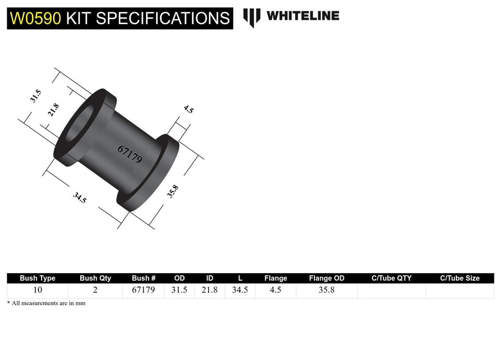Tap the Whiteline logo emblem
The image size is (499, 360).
(251, 17)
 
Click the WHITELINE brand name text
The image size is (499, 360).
(303, 16)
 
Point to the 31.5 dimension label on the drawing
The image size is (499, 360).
(35, 96)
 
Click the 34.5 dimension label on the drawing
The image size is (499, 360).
(80, 197)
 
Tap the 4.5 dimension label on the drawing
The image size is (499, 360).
(188, 109)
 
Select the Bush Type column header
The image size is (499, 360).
(38, 278)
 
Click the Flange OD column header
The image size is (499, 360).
(326, 278)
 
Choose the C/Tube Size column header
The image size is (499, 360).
(459, 278)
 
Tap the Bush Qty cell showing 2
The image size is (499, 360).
(95, 290)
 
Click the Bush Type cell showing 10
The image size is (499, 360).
(38, 290)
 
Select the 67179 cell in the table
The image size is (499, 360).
(143, 290)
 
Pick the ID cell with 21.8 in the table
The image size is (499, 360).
(209, 290)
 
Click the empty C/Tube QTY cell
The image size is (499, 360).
(391, 291)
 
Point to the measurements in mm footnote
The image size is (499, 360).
(46, 303)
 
